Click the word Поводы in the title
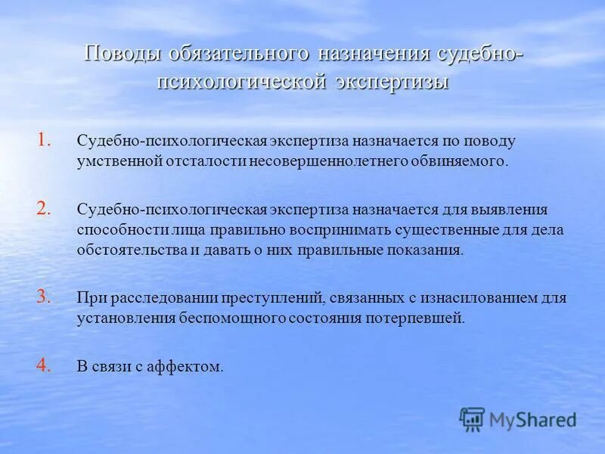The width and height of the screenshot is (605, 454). (x=122, y=56)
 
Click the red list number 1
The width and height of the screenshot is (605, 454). (x=45, y=139)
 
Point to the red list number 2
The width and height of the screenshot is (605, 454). (x=45, y=208)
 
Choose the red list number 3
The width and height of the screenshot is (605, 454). (x=45, y=297)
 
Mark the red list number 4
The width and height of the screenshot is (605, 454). (x=45, y=365)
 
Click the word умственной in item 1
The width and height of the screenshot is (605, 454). (x=113, y=162)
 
